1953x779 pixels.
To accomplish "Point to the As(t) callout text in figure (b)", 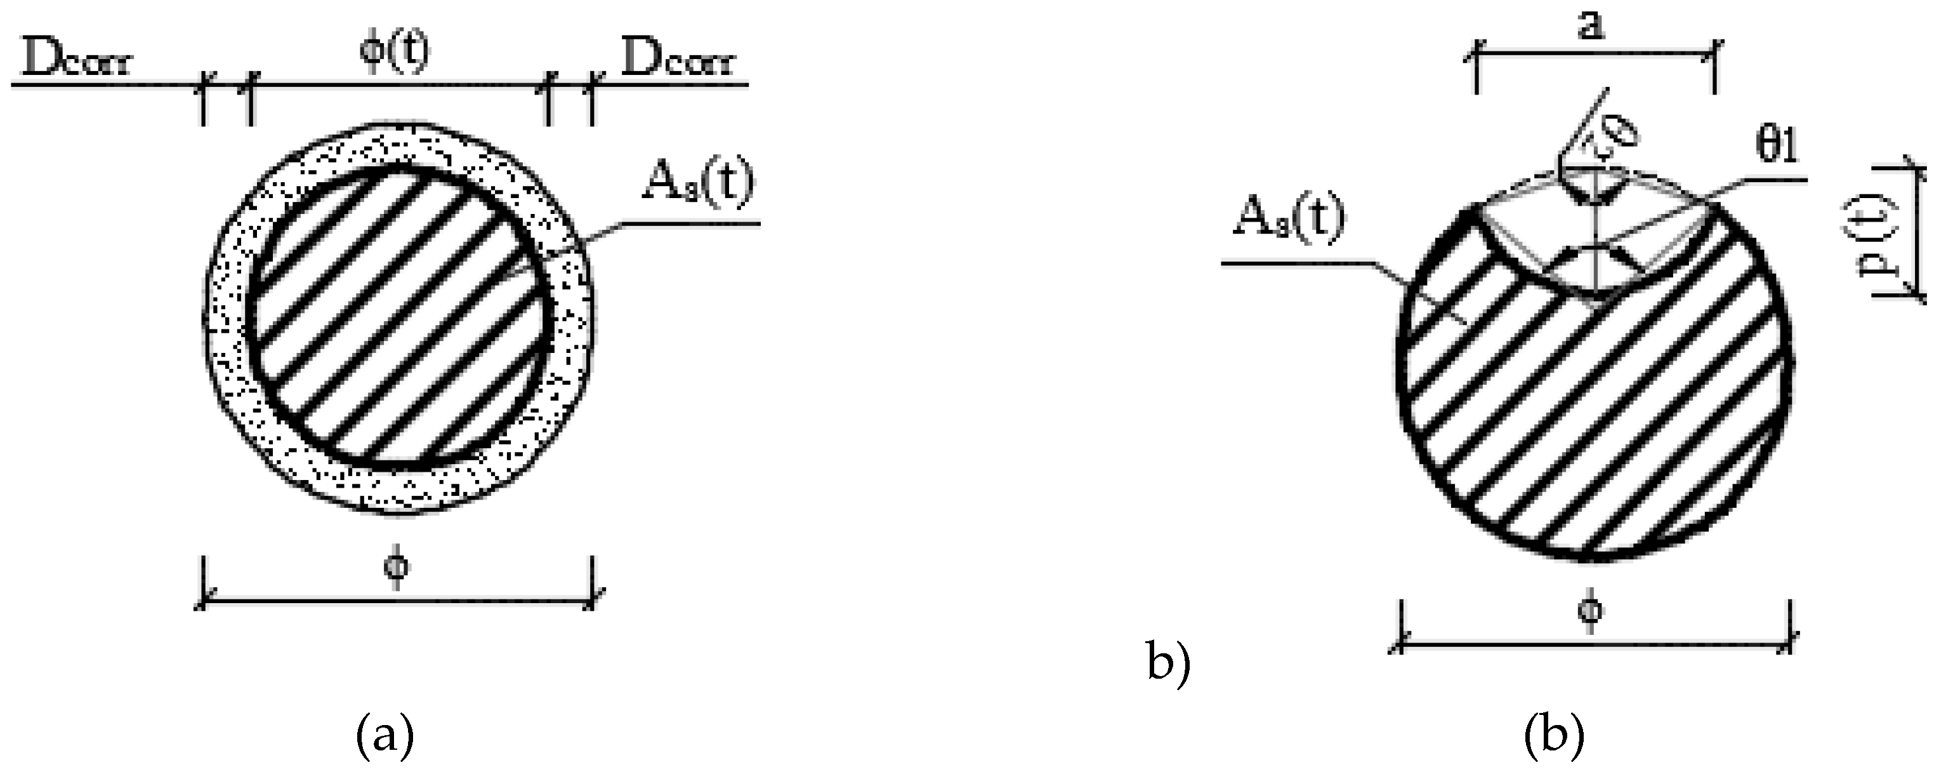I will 1289,220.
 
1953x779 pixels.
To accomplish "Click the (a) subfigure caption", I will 385,736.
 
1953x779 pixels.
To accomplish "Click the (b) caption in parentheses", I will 1554,736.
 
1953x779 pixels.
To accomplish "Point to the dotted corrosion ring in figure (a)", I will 227,319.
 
